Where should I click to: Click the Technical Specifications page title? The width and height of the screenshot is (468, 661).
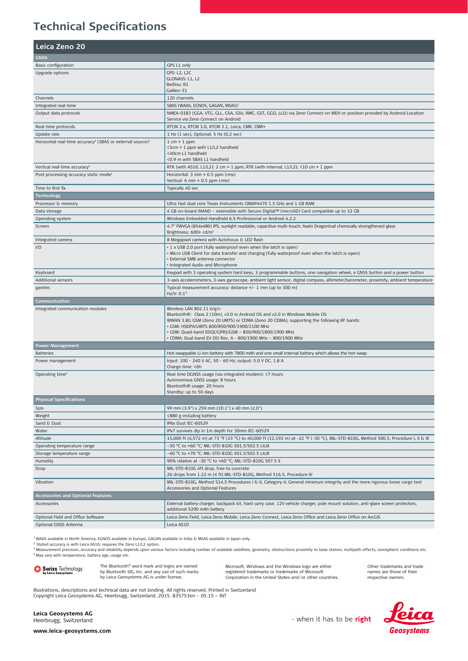[100, 26]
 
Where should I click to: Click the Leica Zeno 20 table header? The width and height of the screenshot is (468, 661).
[60, 47]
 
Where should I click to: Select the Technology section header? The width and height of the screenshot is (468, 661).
[48, 196]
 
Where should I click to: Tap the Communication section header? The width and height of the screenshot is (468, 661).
[52, 301]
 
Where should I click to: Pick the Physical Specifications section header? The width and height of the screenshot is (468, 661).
[60, 399]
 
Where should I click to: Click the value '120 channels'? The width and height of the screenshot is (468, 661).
[180, 98]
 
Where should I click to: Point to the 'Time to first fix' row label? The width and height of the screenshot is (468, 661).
[51, 188]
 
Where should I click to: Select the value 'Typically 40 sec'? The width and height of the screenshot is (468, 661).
[183, 188]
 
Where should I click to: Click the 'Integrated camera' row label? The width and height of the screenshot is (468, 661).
[54, 240]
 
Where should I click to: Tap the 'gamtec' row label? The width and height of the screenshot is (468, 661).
[43, 288]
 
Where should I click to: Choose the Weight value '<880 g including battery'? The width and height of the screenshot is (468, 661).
[192, 416]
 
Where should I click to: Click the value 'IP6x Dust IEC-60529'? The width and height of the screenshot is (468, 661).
[187, 423]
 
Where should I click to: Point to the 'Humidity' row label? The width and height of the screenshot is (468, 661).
[44, 461]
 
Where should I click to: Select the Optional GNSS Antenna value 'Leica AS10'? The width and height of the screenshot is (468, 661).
[178, 525]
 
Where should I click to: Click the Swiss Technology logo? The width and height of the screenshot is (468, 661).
[58, 569]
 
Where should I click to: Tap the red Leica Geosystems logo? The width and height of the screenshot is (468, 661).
[409, 618]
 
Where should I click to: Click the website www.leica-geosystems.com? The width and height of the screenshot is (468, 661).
[72, 631]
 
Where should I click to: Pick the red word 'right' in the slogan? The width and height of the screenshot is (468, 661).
[363, 619]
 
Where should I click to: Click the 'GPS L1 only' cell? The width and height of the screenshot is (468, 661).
[179, 65]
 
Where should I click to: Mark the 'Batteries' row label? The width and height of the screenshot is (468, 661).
[44, 353]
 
